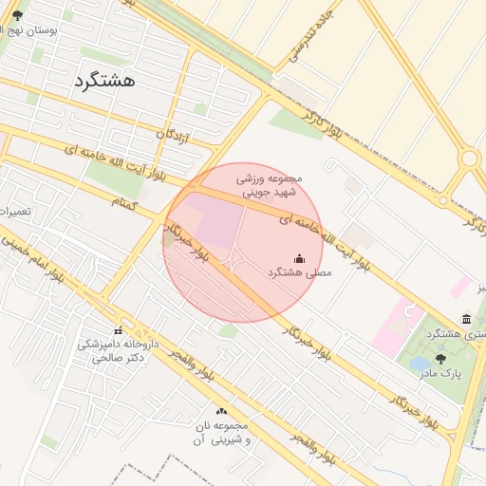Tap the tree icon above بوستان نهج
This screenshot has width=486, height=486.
pyautogui.click(x=16, y=14)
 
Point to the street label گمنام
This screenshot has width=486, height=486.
pyautogui.click(x=124, y=204)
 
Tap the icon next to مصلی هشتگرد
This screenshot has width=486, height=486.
pyautogui.click(x=300, y=257)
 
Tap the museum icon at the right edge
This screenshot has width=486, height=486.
pyautogui.click(x=465, y=319)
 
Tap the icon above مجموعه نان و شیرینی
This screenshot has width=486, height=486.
pyautogui.click(x=221, y=411)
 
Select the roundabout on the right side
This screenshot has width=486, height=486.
pyautogui.click(x=469, y=159)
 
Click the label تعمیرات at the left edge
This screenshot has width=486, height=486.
pyautogui.click(x=14, y=211)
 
